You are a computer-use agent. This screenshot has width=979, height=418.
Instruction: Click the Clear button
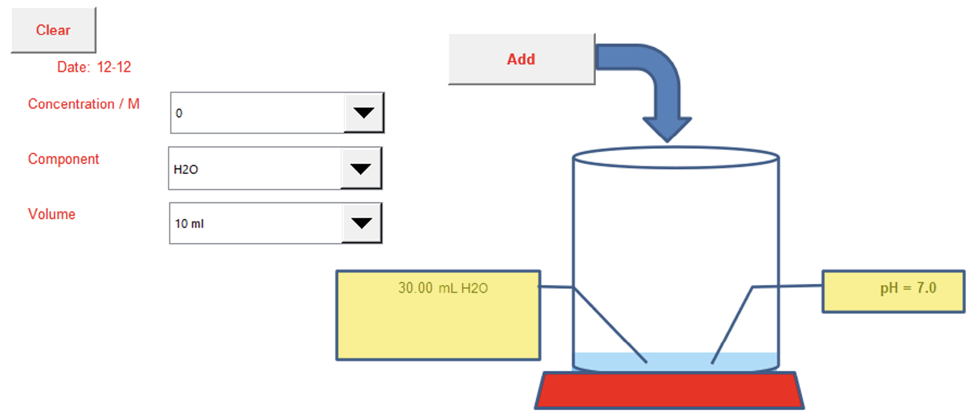[54, 30]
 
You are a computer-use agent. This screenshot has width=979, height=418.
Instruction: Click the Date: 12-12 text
[94, 67]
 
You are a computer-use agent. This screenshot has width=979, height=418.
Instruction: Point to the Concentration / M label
[84, 104]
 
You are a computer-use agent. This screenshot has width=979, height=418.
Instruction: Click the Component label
[64, 159]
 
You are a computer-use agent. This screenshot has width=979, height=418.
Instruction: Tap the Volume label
[52, 215]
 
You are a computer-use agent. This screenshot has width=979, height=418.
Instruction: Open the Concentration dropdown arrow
[364, 113]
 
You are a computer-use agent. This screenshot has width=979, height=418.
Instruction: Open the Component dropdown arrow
[361, 168]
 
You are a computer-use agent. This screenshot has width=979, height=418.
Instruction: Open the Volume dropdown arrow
[361, 223]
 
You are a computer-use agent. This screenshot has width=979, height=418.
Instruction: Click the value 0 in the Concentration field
[179, 113]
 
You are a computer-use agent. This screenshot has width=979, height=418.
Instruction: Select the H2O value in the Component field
[186, 169]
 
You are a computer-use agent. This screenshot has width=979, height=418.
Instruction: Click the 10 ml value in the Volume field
[190, 224]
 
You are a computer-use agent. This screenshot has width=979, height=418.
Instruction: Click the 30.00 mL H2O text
[443, 288]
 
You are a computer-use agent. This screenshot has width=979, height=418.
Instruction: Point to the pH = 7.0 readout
[908, 288]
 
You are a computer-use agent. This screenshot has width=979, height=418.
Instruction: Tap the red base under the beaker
[669, 390]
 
